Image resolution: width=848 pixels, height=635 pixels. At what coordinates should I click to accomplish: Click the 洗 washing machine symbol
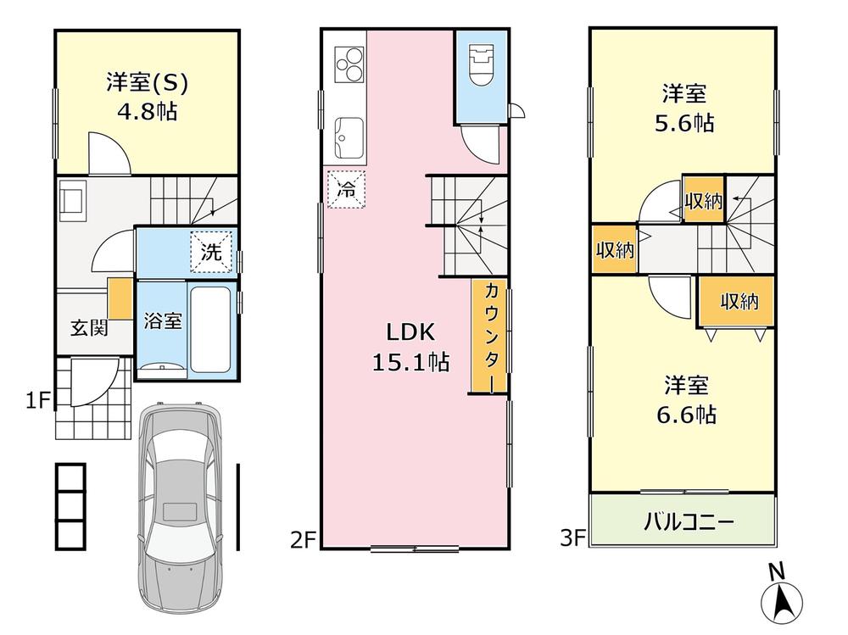coord(211,252)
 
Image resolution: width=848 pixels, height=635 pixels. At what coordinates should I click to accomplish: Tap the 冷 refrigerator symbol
coord(346,189)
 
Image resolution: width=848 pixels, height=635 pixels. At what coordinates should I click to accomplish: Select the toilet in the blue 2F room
coord(482,65)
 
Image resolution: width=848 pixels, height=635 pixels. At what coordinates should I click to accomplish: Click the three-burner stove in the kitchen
coord(349,64)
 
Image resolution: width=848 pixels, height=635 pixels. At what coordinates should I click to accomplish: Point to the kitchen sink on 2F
coord(349,137)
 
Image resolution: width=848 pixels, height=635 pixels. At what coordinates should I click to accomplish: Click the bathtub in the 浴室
coord(211,328)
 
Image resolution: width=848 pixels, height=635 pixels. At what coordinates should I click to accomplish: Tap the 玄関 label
coord(89,327)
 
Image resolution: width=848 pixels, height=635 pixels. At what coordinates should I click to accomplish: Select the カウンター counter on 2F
coord(489,336)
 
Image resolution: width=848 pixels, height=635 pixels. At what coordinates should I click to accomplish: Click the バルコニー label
coord(688,522)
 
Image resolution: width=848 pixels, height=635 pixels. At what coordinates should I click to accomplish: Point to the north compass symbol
coord(781,596)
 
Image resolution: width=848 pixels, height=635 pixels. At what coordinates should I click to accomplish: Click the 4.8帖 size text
coord(147,112)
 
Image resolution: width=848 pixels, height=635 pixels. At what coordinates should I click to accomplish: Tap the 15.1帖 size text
coord(410,362)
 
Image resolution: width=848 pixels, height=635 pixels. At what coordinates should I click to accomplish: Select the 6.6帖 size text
coord(686,415)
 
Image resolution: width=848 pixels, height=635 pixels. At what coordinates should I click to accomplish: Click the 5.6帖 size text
coord(684,123)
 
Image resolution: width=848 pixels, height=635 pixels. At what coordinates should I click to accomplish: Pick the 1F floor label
coord(37,401)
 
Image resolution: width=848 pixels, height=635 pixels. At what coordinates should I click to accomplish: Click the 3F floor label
coord(572,538)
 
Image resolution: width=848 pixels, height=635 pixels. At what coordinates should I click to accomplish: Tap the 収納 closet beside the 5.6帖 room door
coord(704,199)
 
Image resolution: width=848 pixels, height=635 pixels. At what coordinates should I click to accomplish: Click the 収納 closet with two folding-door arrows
coord(737,301)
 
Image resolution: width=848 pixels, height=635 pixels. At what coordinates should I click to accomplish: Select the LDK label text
coord(410,332)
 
